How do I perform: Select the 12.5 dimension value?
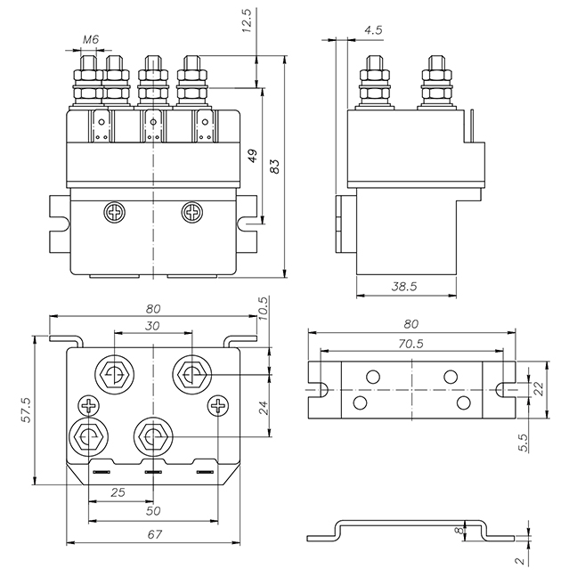(248, 20)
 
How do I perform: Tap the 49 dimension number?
(252, 158)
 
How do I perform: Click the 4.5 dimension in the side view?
(373, 29)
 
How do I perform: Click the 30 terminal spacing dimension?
(151, 326)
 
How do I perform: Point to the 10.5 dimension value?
(263, 308)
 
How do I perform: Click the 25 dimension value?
(118, 492)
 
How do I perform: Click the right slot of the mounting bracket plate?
(506, 390)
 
